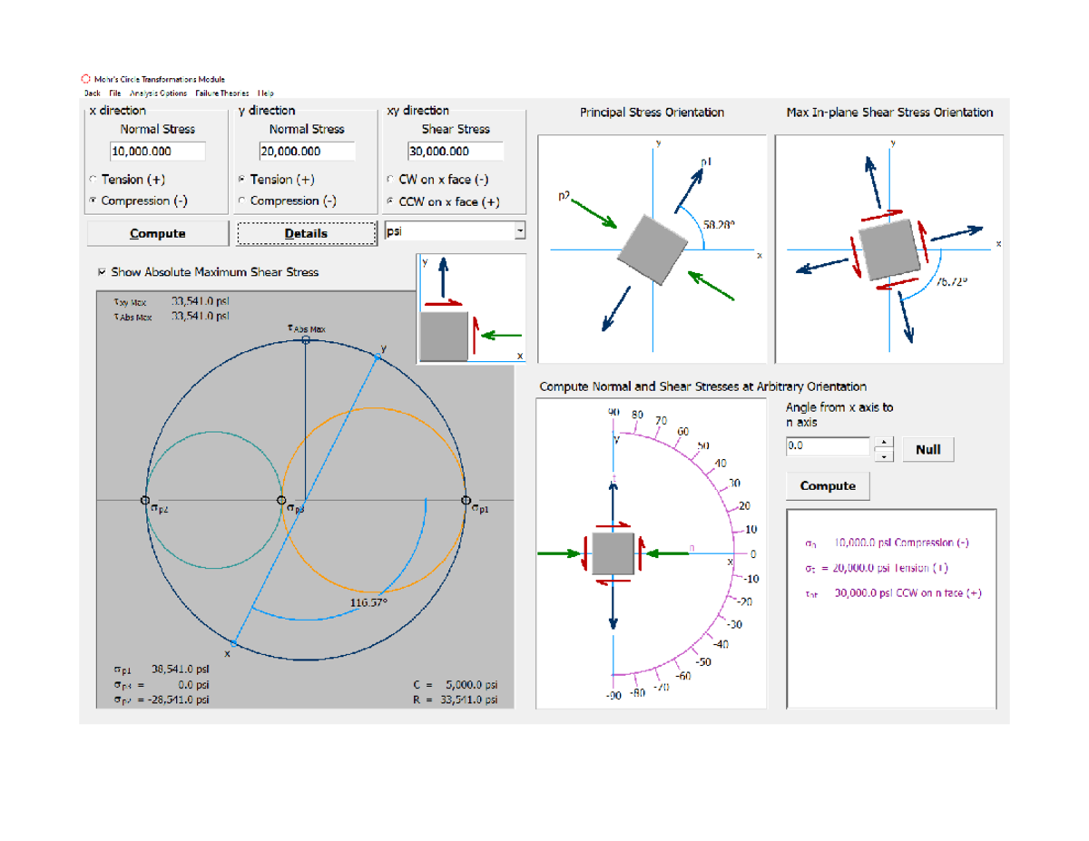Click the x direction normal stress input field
click(158, 152)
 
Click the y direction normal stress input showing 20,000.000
click(307, 152)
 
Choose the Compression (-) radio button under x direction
click(93, 200)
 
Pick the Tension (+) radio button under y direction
click(242, 180)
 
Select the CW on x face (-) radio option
click(391, 180)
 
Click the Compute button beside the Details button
click(158, 233)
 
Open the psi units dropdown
click(520, 231)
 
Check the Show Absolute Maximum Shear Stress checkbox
click(102, 272)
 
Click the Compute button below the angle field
click(827, 486)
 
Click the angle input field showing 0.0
click(828, 446)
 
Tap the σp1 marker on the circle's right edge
click(466, 501)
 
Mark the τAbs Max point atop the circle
click(306, 339)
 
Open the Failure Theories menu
click(222, 93)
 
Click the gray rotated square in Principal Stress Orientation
click(653, 248)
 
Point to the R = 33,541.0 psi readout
click(455, 699)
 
